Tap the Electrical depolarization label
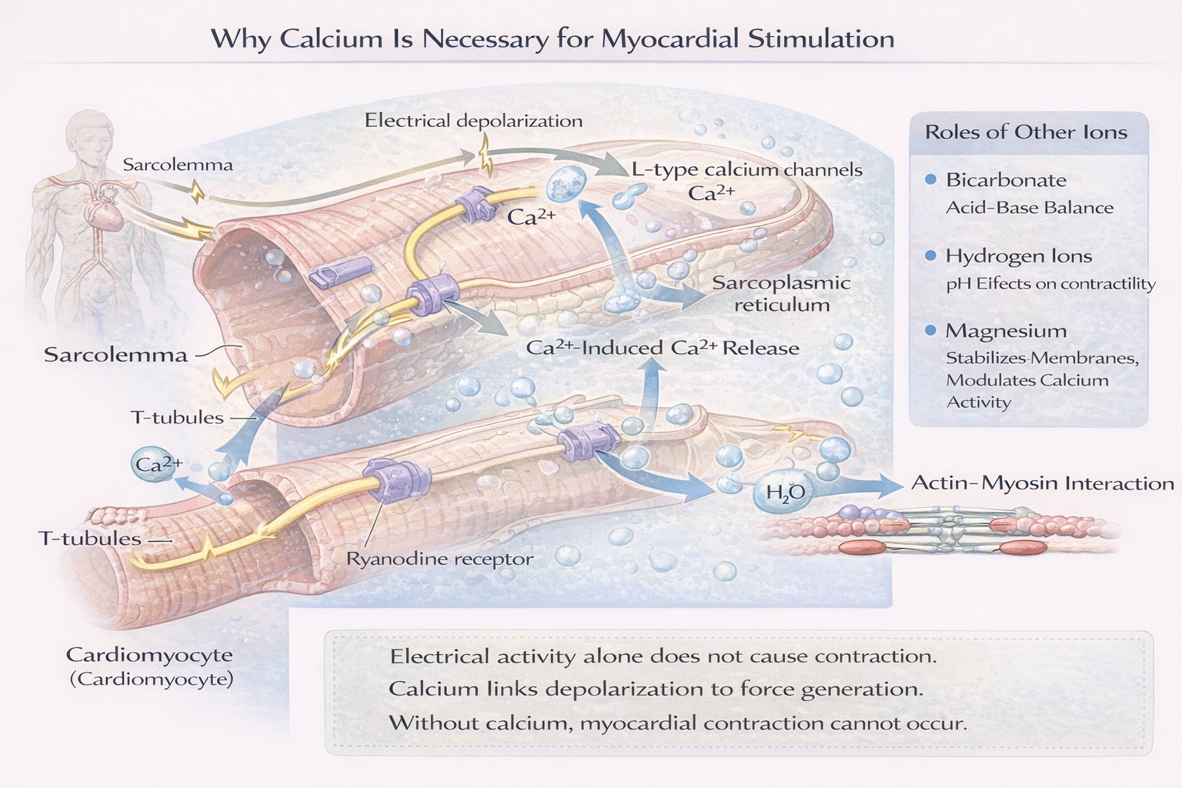click(473, 121)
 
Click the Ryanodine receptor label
click(439, 559)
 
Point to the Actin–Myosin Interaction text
click(1042, 483)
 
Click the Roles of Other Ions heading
click(1025, 132)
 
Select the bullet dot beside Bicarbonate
click(930, 180)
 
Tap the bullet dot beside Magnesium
click(930, 331)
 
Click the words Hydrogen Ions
click(1018, 256)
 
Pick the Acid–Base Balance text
click(1029, 208)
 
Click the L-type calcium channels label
click(746, 170)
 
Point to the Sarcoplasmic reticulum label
click(781, 293)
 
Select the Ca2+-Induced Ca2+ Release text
click(662, 348)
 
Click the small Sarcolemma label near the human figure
click(177, 165)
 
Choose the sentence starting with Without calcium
click(677, 723)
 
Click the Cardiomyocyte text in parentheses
click(152, 679)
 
